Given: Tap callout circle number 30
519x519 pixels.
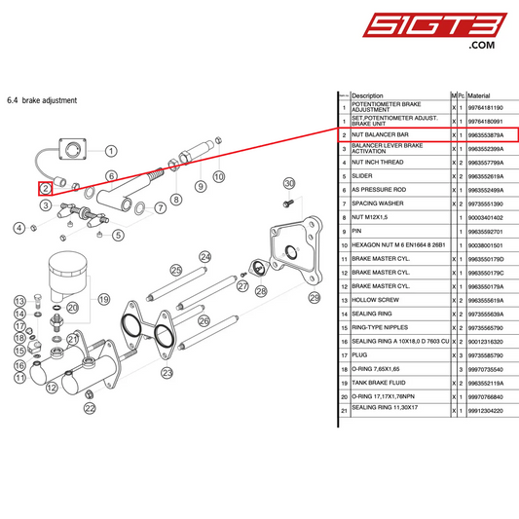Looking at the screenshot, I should [288, 183].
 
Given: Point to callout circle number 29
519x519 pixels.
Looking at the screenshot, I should [314, 297].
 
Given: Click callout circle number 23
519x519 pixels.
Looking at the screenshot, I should [167, 372].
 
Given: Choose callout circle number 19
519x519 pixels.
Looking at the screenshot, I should [104, 299].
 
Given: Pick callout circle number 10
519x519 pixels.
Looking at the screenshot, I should [219, 176].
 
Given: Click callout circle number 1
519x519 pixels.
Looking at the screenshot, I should [111, 151].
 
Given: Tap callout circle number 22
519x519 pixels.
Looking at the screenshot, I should [91, 409].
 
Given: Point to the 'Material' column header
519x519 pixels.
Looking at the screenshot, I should [480, 95].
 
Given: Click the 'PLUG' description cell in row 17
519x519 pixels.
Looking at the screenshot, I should [359, 356].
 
